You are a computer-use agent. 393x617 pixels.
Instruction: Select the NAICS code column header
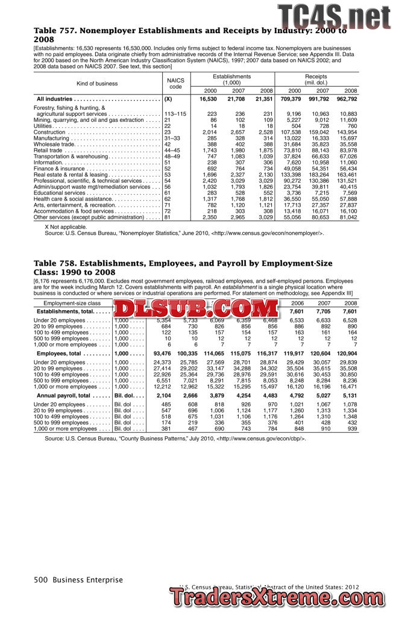[x=175, y=83]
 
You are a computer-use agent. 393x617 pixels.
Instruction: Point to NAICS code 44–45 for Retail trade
[x=174, y=150]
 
